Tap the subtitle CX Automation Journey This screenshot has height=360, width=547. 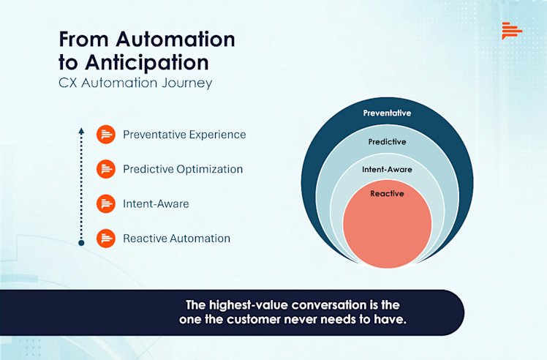[x=135, y=83]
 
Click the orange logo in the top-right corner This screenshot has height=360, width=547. [x=512, y=31]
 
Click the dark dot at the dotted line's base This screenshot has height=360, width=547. [x=81, y=242]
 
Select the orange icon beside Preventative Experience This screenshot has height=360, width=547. [x=106, y=135]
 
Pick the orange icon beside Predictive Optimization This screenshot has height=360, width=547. [x=106, y=169]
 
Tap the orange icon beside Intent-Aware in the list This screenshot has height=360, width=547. [x=106, y=203]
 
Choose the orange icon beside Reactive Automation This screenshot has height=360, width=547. [x=106, y=239]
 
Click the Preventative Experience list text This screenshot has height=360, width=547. [x=184, y=135]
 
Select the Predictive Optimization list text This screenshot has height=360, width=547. [x=183, y=169]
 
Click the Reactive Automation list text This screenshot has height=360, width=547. [x=176, y=239]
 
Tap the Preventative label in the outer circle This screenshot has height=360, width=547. [x=387, y=113]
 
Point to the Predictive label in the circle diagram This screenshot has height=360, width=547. [x=387, y=141]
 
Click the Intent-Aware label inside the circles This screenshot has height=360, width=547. [x=387, y=169]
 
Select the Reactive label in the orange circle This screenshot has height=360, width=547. [x=387, y=194]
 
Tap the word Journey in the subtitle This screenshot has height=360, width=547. [x=189, y=83]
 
